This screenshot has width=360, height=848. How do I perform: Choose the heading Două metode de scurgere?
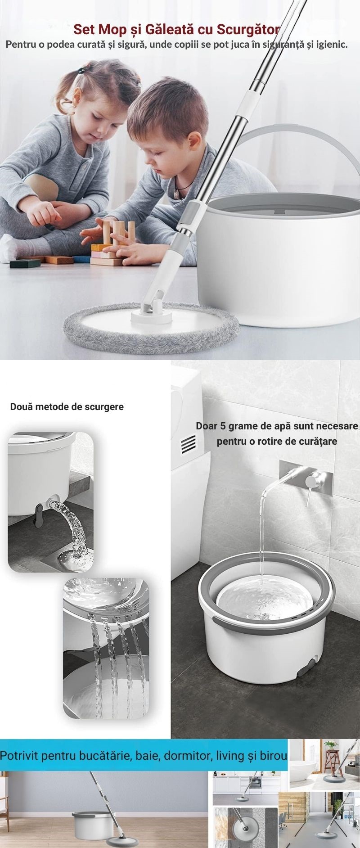coord(67,407)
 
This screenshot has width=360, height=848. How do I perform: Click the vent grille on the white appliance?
coord(186,446)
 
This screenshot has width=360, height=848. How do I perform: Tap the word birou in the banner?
coord(274,755)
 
